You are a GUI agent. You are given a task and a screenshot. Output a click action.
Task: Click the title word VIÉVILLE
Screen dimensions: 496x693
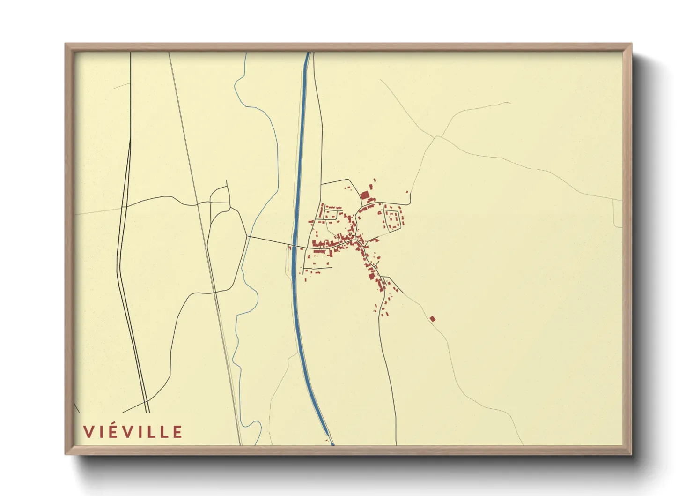coord(133,432)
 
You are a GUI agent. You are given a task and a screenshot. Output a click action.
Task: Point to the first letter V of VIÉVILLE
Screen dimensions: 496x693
coord(88,432)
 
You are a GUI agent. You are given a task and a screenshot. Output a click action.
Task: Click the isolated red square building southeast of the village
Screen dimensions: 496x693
coord(432,319)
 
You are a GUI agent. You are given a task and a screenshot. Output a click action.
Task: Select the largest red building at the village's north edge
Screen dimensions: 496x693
coord(364,195)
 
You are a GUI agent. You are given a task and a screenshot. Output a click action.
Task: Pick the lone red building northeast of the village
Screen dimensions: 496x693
coord(407,191)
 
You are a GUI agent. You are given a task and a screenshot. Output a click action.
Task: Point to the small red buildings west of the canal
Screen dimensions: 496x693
coord(290,247)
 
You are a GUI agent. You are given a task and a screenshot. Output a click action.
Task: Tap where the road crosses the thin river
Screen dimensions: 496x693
coord(247,236)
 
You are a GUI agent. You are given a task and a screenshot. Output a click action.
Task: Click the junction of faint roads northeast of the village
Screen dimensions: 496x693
coord(437,136)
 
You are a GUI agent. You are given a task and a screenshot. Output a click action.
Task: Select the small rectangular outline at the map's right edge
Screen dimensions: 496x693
coord(618,214)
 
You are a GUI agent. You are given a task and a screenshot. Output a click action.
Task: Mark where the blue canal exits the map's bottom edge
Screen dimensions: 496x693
coord(332,443)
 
